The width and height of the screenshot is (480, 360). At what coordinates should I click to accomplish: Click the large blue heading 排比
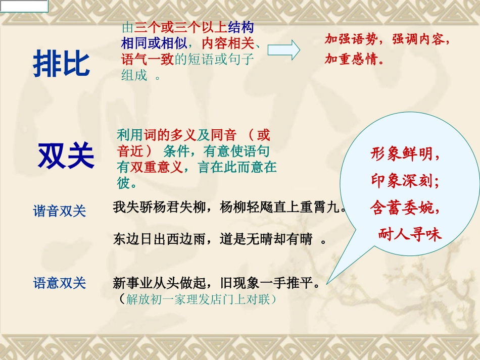click(x=62, y=64)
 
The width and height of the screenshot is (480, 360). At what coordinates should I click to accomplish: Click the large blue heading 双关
click(x=66, y=156)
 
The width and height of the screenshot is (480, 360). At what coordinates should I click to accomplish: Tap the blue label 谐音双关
click(x=60, y=211)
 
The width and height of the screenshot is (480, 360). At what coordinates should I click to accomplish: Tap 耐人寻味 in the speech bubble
click(x=410, y=234)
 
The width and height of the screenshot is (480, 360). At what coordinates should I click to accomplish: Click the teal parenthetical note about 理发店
click(x=197, y=299)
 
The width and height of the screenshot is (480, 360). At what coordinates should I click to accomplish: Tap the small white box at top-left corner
click(x=24, y=6)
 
